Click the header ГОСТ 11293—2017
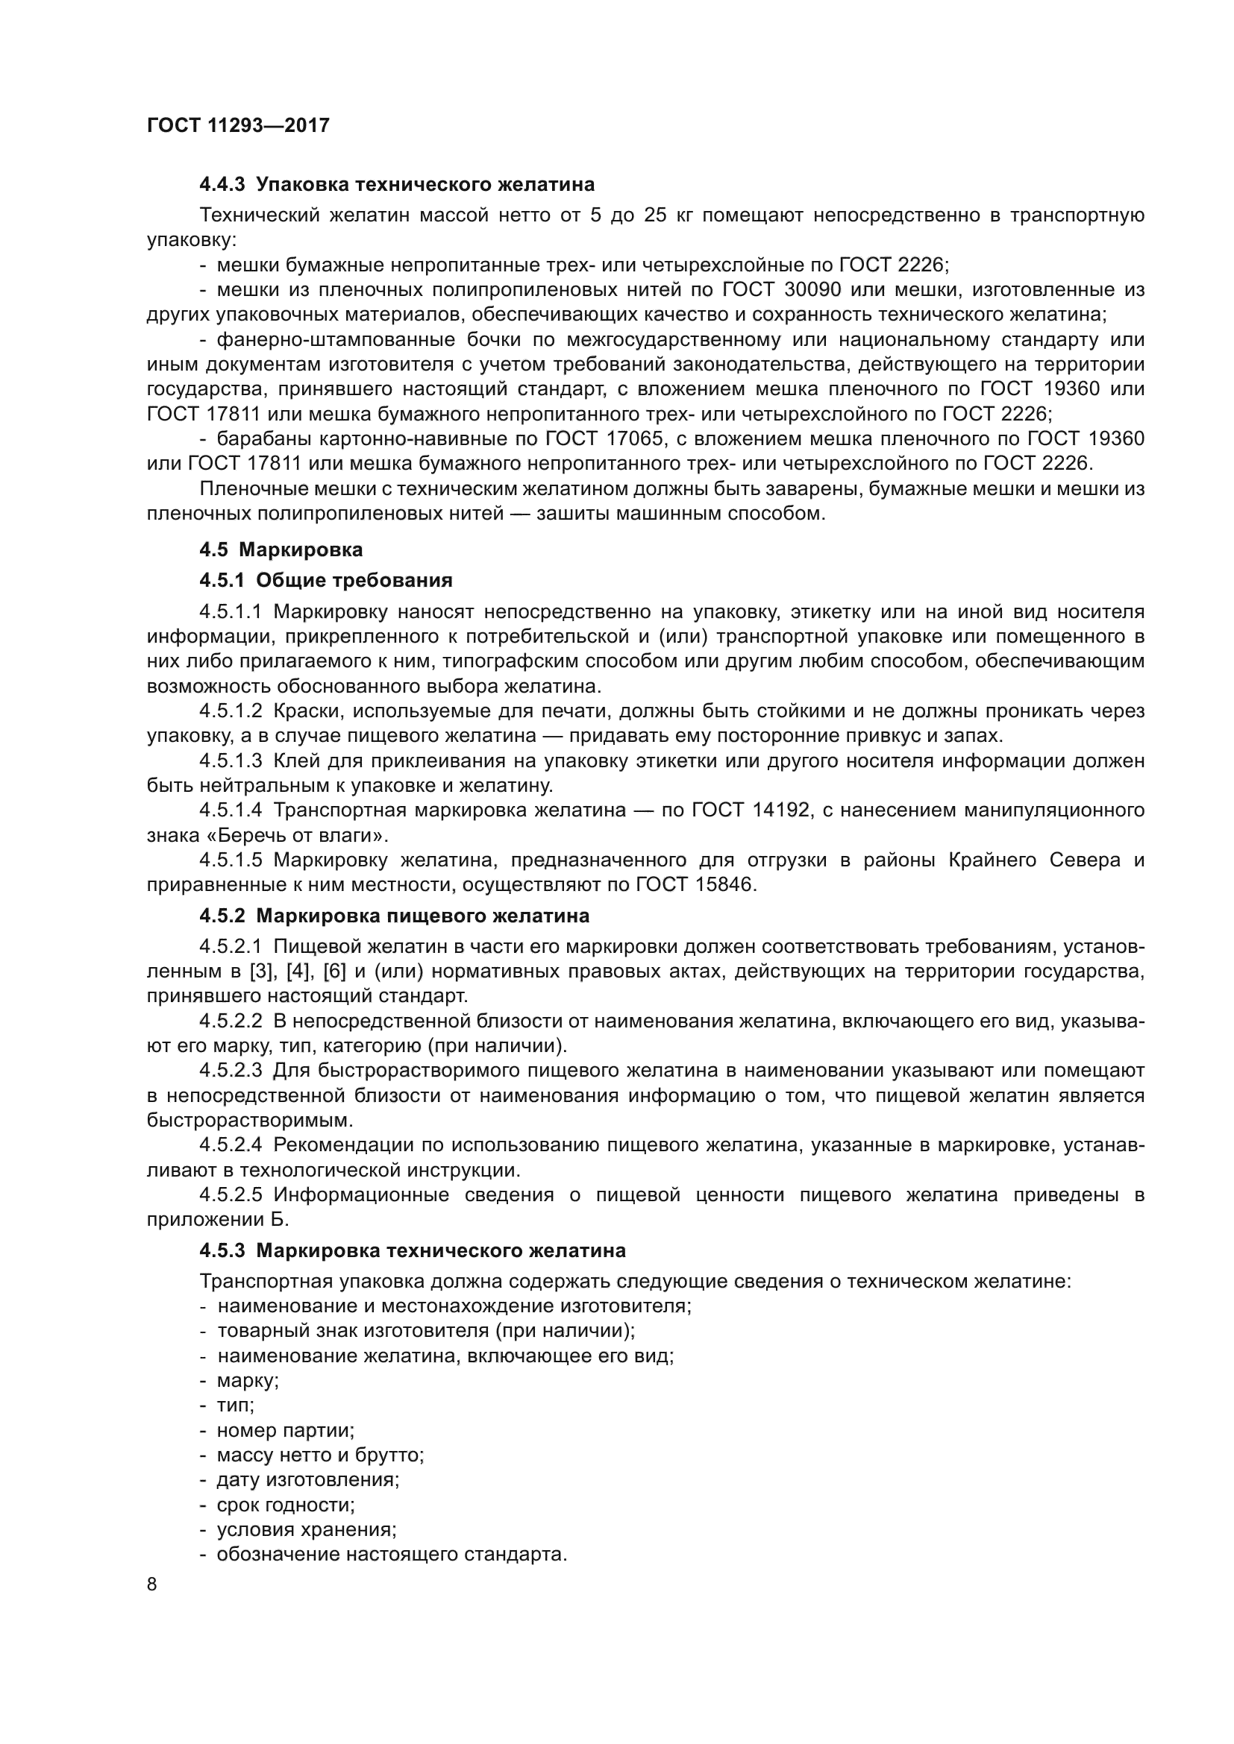[x=238, y=125]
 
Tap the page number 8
[x=152, y=1584]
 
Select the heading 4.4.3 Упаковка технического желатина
[x=397, y=185]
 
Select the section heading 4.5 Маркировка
[x=281, y=550]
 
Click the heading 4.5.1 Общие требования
[x=325, y=580]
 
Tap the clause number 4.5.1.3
[x=231, y=761]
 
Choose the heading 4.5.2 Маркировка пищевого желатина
[x=395, y=916]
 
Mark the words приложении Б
[x=217, y=1220]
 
